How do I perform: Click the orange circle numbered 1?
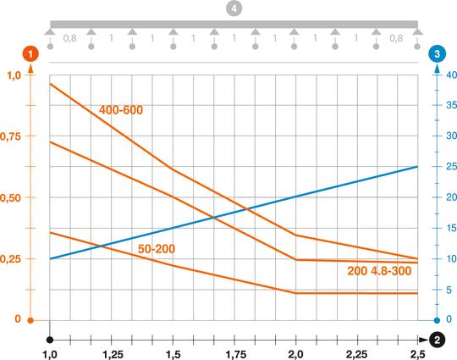tap(30, 54)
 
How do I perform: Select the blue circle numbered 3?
tap(436, 54)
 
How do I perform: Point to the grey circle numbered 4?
tap(234, 8)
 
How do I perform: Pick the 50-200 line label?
tap(157, 248)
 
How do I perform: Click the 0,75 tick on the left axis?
tap(15, 136)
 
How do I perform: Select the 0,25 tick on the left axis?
tap(15, 258)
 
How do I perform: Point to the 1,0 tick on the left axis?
tap(15, 75)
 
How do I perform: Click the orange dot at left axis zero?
tap(30, 320)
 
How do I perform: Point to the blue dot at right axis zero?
tap(437, 320)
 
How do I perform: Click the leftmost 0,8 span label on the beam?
tap(69, 39)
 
